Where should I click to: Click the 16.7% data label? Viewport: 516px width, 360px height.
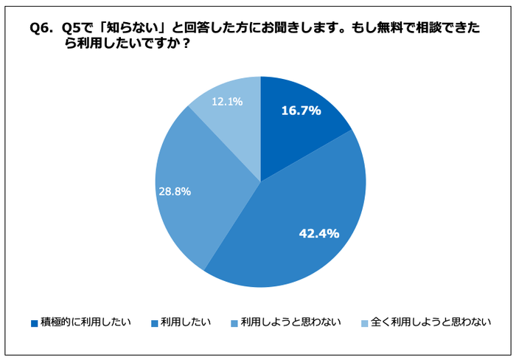301,111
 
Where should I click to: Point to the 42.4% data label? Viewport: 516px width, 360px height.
318,233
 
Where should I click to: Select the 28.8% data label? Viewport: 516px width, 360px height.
175,191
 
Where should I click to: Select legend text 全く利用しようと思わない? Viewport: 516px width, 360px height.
431,322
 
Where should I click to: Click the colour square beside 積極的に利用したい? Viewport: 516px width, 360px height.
34,322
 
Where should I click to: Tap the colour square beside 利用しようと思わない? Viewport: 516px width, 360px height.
234,322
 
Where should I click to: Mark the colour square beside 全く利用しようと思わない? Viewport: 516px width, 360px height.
364,322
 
